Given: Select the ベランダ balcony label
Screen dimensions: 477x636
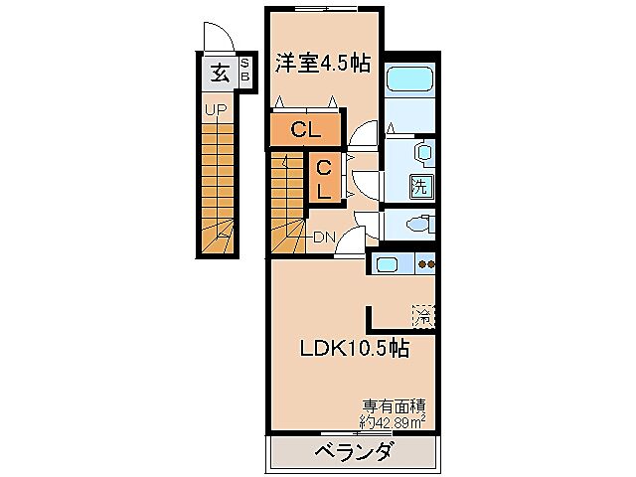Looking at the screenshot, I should click(x=354, y=453).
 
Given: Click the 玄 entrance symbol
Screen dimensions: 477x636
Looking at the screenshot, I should click(x=217, y=73).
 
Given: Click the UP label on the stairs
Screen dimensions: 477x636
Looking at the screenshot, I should click(x=215, y=110).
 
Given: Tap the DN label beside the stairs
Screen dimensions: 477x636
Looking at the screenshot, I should click(x=324, y=237).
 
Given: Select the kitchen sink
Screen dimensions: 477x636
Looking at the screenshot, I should click(x=386, y=264).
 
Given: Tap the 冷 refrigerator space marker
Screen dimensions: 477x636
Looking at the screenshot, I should click(x=423, y=316).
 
